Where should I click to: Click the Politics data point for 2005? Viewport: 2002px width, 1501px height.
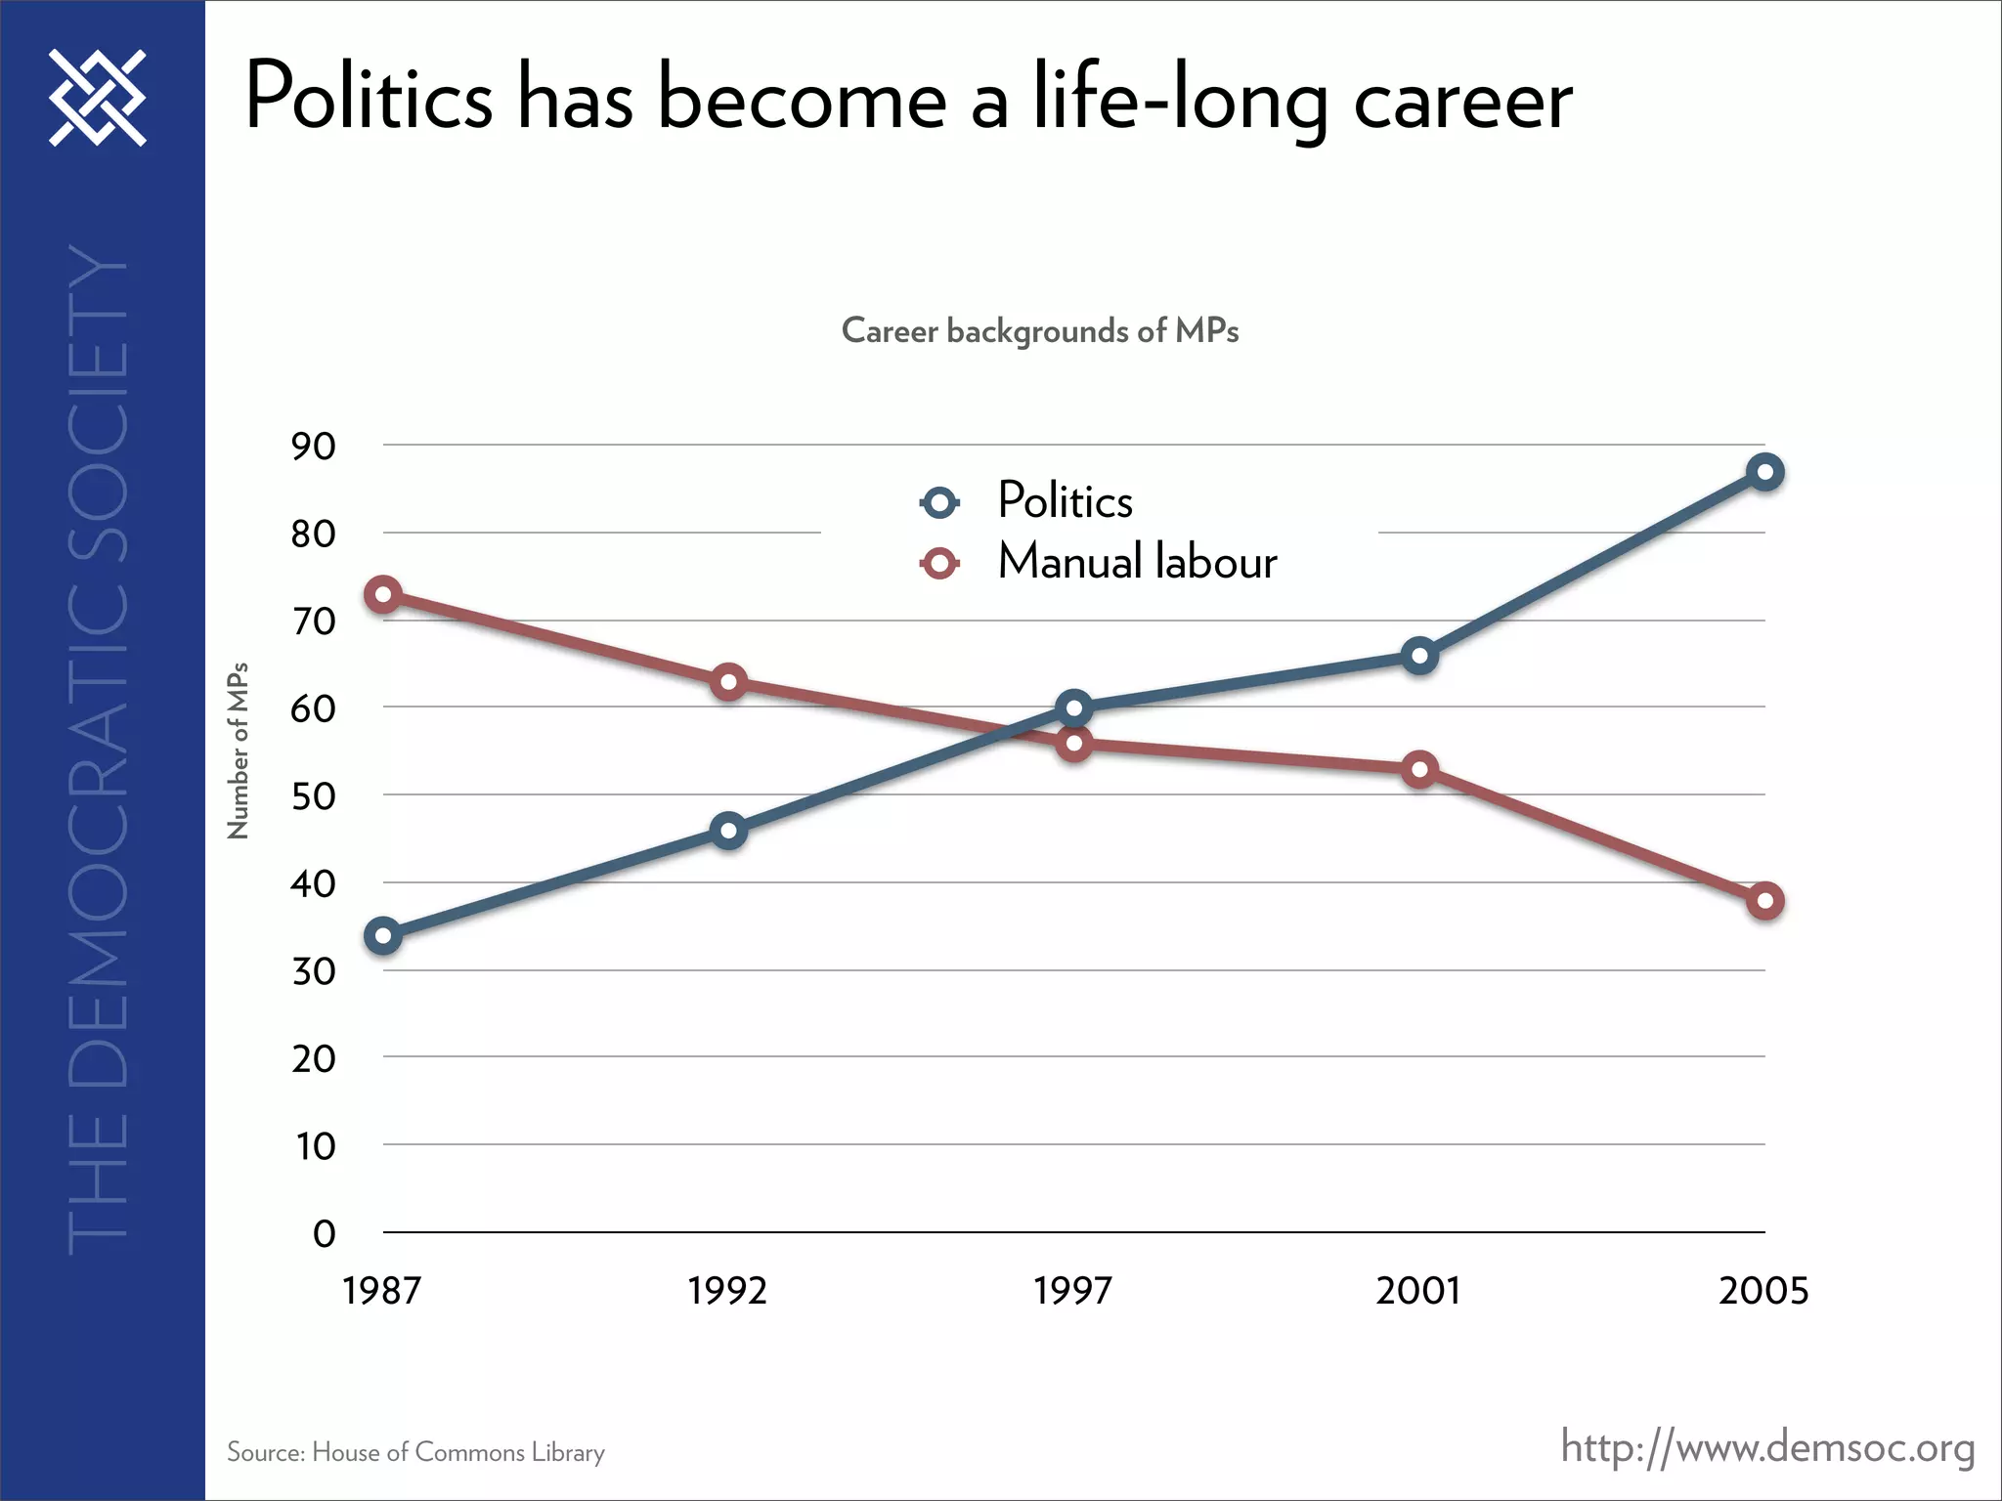[1764, 473]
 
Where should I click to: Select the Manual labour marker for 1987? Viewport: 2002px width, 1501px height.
[383, 594]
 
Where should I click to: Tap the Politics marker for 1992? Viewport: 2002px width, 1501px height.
[728, 832]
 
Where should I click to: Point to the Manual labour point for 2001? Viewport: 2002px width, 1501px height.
[1419, 770]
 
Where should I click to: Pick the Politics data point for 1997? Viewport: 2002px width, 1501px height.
[1074, 708]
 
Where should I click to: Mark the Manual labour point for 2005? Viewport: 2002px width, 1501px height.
[1764, 901]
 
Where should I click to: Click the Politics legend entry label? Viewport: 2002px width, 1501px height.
[1065, 501]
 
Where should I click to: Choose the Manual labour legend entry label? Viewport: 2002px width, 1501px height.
[1137, 563]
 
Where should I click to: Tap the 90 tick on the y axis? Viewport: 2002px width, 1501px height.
[313, 447]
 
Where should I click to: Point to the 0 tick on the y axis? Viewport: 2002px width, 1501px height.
[324, 1233]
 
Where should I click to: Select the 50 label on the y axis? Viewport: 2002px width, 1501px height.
[313, 796]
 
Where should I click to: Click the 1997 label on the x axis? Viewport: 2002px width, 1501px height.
[1073, 1291]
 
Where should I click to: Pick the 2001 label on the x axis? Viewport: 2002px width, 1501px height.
[1418, 1291]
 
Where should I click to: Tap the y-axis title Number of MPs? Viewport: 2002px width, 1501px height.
[239, 750]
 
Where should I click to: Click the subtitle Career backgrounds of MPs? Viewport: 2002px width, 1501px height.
[1040, 331]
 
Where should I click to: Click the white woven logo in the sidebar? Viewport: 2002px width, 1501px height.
[98, 98]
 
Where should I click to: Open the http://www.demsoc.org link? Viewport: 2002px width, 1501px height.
[1767, 1447]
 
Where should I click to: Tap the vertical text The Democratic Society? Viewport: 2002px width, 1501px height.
[98, 750]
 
